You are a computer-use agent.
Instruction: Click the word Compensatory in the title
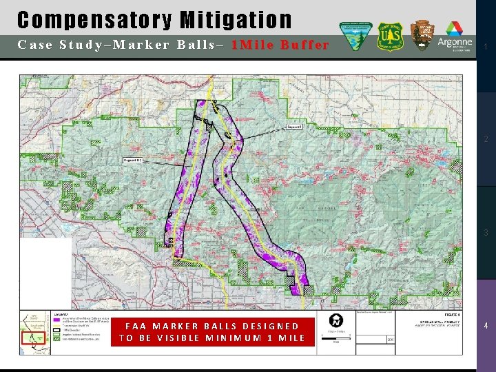94,20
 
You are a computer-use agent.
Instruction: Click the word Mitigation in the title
236,20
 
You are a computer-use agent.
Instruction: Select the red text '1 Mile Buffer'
280,45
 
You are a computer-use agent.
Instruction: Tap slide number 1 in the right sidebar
486,47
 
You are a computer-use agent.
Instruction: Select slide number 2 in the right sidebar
486,140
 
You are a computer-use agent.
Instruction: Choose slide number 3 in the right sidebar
486,233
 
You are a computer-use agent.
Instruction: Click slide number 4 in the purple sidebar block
486,325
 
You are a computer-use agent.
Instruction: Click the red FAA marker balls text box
212,332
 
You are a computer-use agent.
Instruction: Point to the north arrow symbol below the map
335,322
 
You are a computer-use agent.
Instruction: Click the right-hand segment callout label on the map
295,127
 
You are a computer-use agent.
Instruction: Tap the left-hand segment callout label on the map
133,160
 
